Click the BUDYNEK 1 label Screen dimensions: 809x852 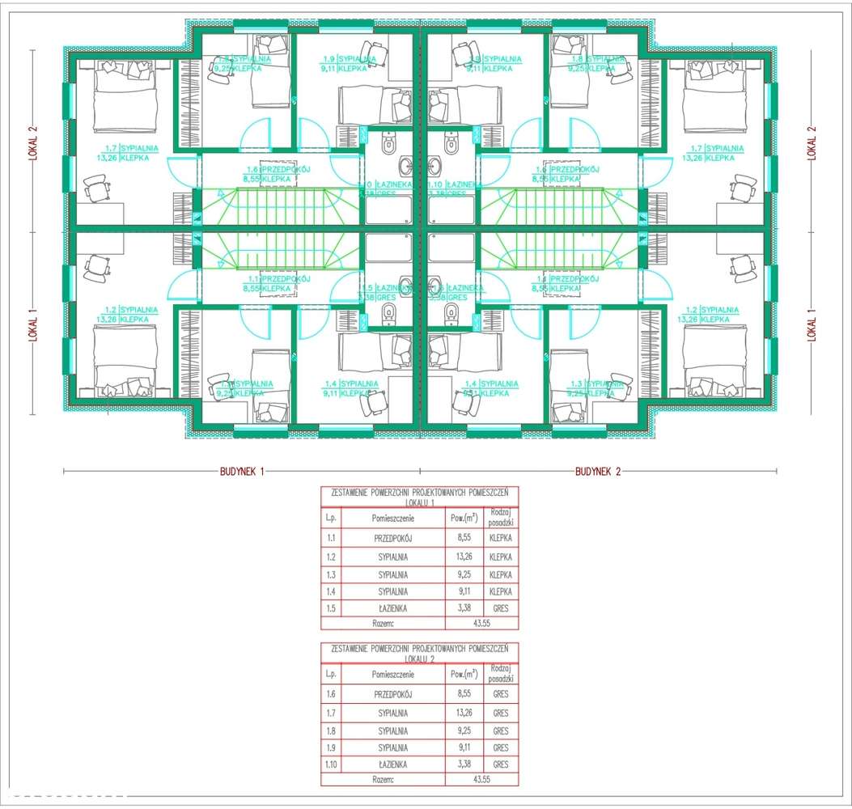pyautogui.click(x=242, y=471)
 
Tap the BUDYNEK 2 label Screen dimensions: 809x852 pyautogui.click(x=598, y=471)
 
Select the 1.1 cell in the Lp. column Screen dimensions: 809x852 pyautogui.click(x=331, y=537)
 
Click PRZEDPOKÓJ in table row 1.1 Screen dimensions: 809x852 pyautogui.click(x=393, y=537)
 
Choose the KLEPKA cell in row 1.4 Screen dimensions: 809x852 pyautogui.click(x=500, y=592)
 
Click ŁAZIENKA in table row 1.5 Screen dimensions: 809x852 pyautogui.click(x=393, y=608)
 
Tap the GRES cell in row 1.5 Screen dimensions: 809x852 pyautogui.click(x=500, y=608)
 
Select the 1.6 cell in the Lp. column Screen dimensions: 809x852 pyautogui.click(x=331, y=694)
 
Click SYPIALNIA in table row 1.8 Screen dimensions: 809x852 pyautogui.click(x=393, y=731)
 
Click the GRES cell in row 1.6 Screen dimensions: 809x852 pyautogui.click(x=500, y=694)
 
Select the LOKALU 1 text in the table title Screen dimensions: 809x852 pyautogui.click(x=419, y=502)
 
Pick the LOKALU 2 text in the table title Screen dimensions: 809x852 pyautogui.click(x=419, y=659)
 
